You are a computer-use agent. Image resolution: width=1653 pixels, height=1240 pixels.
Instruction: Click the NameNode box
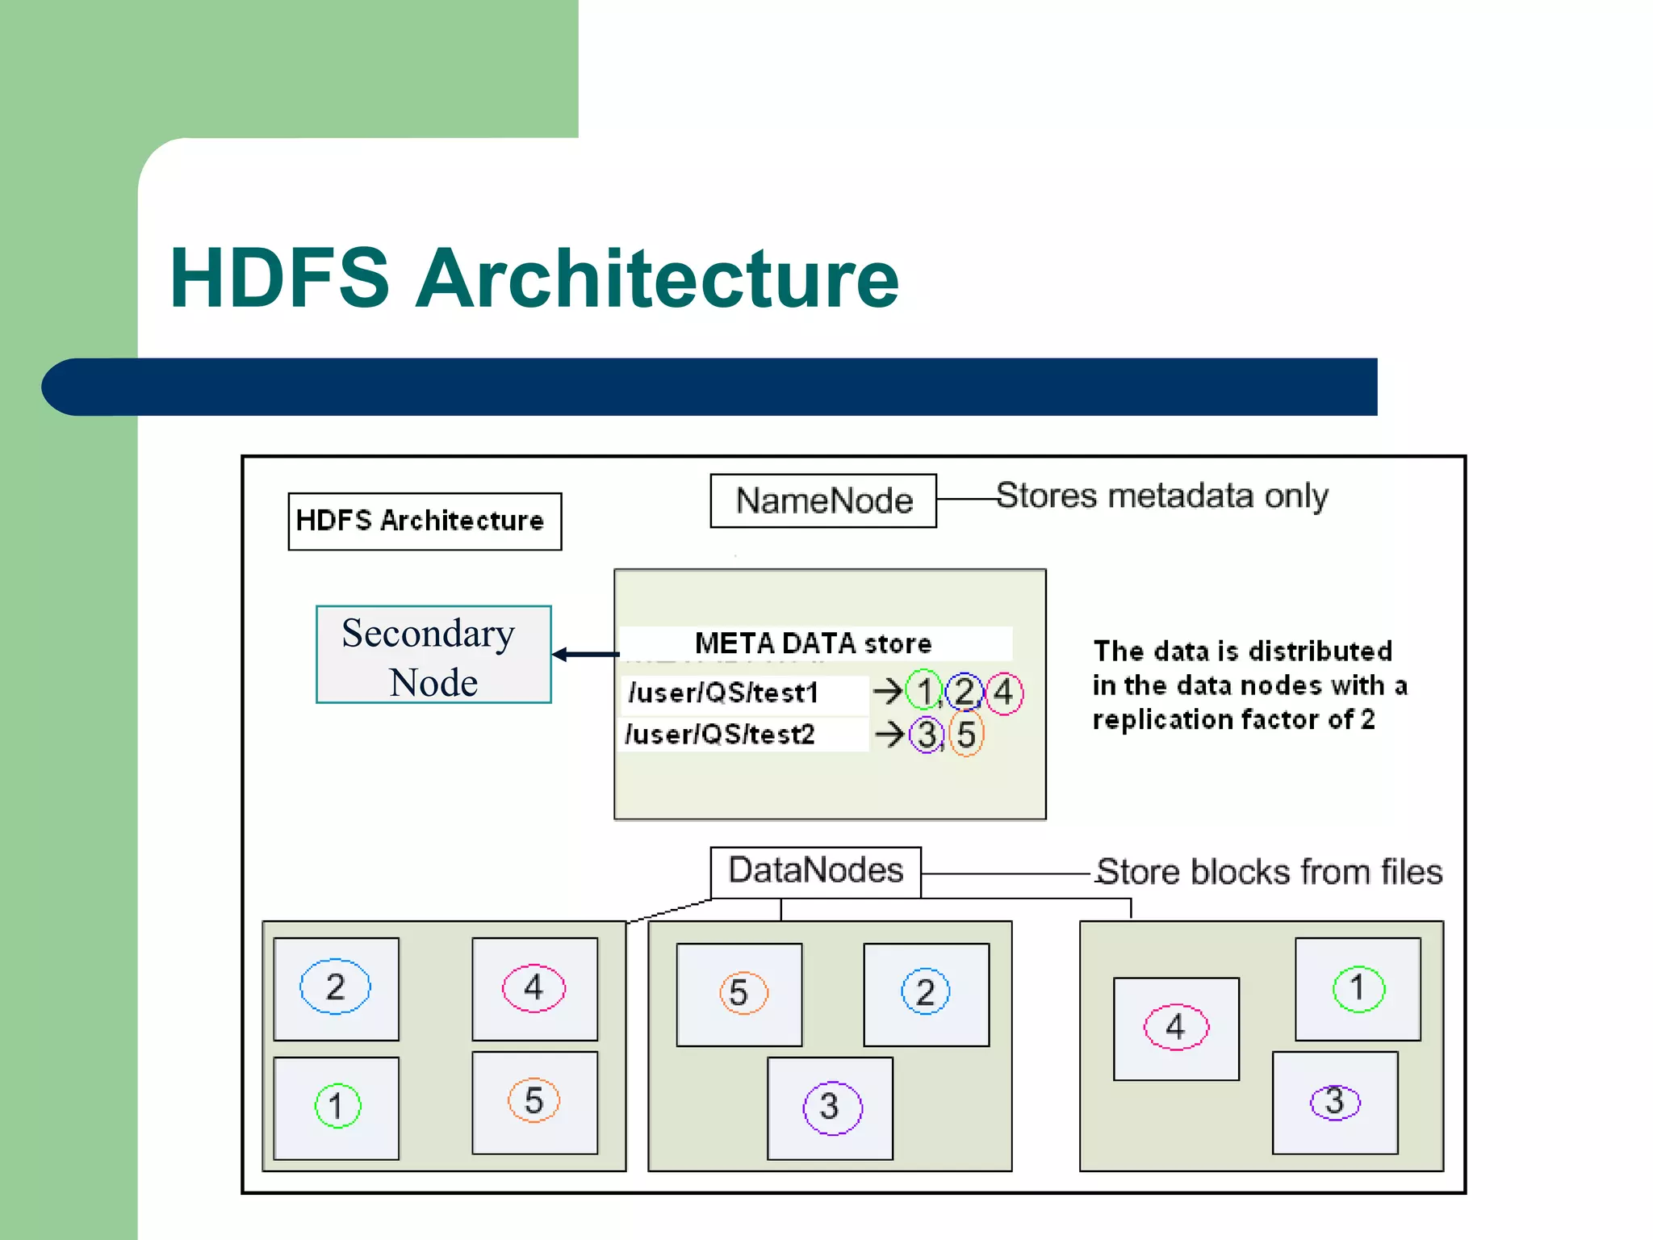(x=823, y=501)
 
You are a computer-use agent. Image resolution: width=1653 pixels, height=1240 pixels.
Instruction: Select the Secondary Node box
(x=433, y=655)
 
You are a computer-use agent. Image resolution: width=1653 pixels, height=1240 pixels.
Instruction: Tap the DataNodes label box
(x=815, y=871)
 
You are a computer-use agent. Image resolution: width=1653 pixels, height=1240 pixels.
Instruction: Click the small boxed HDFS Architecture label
(x=425, y=521)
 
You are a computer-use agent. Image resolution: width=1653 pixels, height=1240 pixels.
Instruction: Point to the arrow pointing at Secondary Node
(x=585, y=655)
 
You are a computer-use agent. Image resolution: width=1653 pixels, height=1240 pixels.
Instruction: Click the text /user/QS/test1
(x=724, y=693)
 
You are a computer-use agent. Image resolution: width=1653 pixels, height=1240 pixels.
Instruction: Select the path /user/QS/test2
(x=721, y=735)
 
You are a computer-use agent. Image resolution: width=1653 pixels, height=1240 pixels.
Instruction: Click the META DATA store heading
(x=813, y=643)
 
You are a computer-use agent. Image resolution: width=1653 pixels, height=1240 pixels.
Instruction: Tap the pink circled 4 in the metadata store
(x=1003, y=693)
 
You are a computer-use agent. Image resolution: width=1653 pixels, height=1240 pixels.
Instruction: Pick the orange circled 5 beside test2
(x=966, y=735)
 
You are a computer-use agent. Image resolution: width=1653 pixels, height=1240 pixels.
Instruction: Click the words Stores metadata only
(x=1161, y=496)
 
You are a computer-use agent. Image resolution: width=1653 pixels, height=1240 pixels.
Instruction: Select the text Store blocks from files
(x=1269, y=872)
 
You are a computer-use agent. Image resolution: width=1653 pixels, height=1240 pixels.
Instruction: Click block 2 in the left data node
(x=336, y=987)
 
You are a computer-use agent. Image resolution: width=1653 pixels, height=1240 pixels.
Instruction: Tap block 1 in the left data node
(x=337, y=1107)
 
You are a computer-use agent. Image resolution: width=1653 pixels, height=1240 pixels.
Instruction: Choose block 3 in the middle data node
(x=831, y=1108)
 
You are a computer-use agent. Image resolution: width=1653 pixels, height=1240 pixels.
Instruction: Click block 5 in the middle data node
(x=740, y=994)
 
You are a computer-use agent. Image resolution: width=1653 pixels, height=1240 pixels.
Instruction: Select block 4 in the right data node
(x=1176, y=1028)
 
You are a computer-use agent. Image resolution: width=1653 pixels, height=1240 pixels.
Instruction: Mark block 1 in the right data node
(x=1358, y=988)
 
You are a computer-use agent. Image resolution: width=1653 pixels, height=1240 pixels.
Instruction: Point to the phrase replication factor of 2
(x=1233, y=719)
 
